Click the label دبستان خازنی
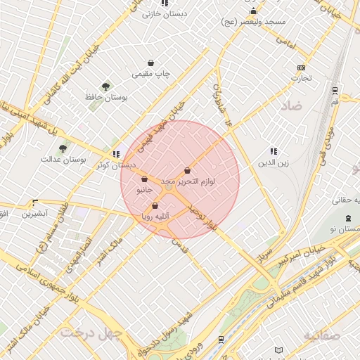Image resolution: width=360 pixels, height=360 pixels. pyautogui.click(x=162, y=13)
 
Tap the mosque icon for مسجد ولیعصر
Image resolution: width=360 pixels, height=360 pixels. pyautogui.click(x=253, y=11)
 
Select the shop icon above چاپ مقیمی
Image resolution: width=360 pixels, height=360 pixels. pyautogui.click(x=151, y=63)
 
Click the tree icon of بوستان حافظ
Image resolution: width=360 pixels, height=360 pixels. pyautogui.click(x=105, y=86)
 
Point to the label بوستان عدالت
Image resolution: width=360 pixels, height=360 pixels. pyautogui.click(x=63, y=160)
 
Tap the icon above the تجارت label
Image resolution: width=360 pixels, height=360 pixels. pyautogui.click(x=302, y=67)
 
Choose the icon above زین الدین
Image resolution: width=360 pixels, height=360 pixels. pyautogui.click(x=274, y=151)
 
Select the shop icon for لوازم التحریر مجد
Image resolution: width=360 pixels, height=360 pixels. pyautogui.click(x=187, y=170)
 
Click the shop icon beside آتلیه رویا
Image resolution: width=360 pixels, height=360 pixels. pyautogui.click(x=155, y=206)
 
